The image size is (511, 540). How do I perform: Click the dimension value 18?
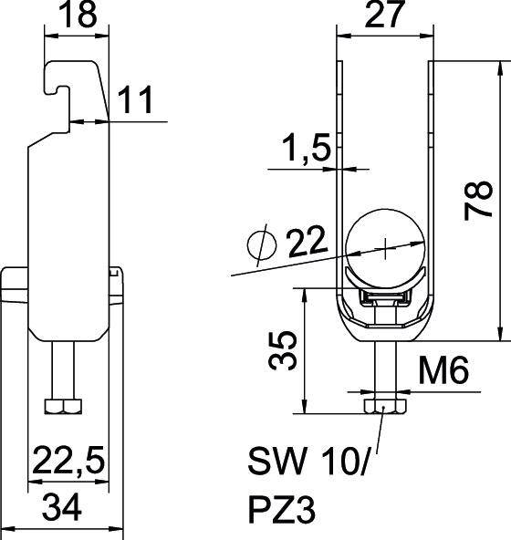78,14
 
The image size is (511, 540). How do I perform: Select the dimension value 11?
135,99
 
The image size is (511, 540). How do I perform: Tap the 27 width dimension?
384,14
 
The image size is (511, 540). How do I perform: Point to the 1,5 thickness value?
307,148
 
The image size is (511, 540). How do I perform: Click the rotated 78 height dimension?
478,201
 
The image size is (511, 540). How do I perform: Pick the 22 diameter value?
307,241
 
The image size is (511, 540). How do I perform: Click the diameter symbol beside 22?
262,244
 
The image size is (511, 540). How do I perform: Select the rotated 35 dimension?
283,350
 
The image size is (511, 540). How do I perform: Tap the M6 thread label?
443,369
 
